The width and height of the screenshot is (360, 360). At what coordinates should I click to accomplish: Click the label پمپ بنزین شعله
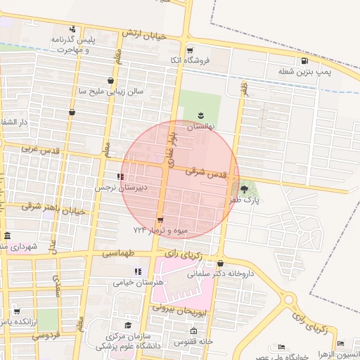(304, 72)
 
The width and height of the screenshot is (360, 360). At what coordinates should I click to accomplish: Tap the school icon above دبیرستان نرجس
(121, 176)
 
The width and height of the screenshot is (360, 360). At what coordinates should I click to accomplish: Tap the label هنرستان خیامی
(138, 282)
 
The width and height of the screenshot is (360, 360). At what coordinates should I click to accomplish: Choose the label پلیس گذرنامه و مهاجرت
(71, 45)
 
